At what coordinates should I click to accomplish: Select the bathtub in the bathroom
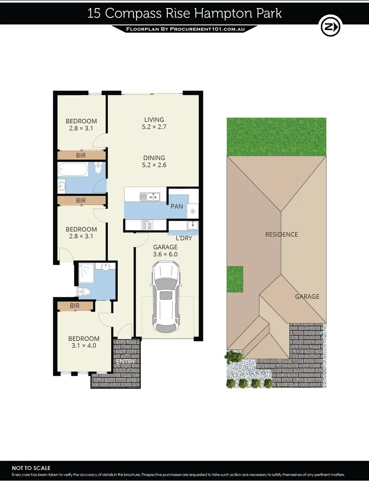tap(73, 170)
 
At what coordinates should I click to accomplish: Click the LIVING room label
tap(154, 119)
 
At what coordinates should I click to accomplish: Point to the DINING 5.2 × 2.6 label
tap(154, 161)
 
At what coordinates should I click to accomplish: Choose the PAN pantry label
tap(177, 207)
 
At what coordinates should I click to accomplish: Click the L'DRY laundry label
tap(183, 238)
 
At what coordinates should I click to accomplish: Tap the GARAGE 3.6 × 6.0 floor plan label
tap(165, 250)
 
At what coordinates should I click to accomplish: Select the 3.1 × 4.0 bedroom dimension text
tap(84, 345)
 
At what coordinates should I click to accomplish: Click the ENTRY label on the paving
tap(125, 361)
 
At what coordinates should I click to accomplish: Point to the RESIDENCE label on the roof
tap(281, 234)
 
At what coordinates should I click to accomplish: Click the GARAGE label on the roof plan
tap(307, 296)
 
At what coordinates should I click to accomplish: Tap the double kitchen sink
tap(149, 196)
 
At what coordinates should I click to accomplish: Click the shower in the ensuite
tap(85, 272)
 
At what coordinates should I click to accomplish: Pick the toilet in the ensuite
tap(85, 292)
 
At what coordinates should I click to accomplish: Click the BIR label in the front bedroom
tap(75, 306)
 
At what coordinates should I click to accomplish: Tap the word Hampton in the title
tap(218, 13)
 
